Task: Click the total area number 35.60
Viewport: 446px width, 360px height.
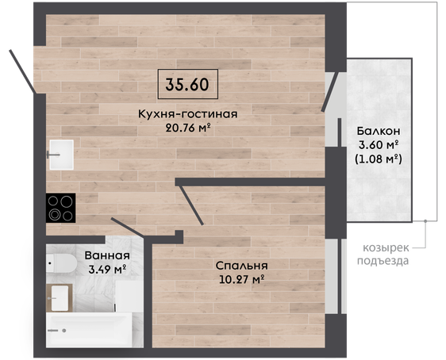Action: (x=187, y=84)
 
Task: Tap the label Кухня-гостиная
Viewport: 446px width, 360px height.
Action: (x=188, y=114)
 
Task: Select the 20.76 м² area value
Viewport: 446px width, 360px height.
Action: (x=188, y=128)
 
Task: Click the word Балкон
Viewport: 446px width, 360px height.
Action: (x=379, y=131)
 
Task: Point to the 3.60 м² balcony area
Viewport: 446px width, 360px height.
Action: (x=379, y=145)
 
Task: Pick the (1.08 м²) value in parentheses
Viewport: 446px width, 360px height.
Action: (x=379, y=159)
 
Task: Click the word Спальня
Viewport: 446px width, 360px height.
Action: (x=241, y=266)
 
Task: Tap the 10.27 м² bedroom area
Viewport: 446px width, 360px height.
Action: (x=242, y=280)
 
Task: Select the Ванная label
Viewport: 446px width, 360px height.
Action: (x=107, y=255)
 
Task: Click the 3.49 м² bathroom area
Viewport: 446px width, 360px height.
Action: (x=107, y=270)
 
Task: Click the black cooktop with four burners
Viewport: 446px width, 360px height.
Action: (x=60, y=208)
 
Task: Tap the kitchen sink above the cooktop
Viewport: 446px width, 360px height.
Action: (x=61, y=155)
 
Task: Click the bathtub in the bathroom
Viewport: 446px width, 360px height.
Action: (x=89, y=330)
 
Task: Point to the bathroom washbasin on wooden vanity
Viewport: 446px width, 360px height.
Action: (x=60, y=298)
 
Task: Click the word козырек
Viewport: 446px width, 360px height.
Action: (x=386, y=248)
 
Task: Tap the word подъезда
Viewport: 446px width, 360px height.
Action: (x=383, y=261)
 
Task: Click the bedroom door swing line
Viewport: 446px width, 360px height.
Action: (x=192, y=205)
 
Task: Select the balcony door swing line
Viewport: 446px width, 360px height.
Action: (x=330, y=91)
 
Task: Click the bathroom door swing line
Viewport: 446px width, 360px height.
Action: (x=128, y=227)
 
